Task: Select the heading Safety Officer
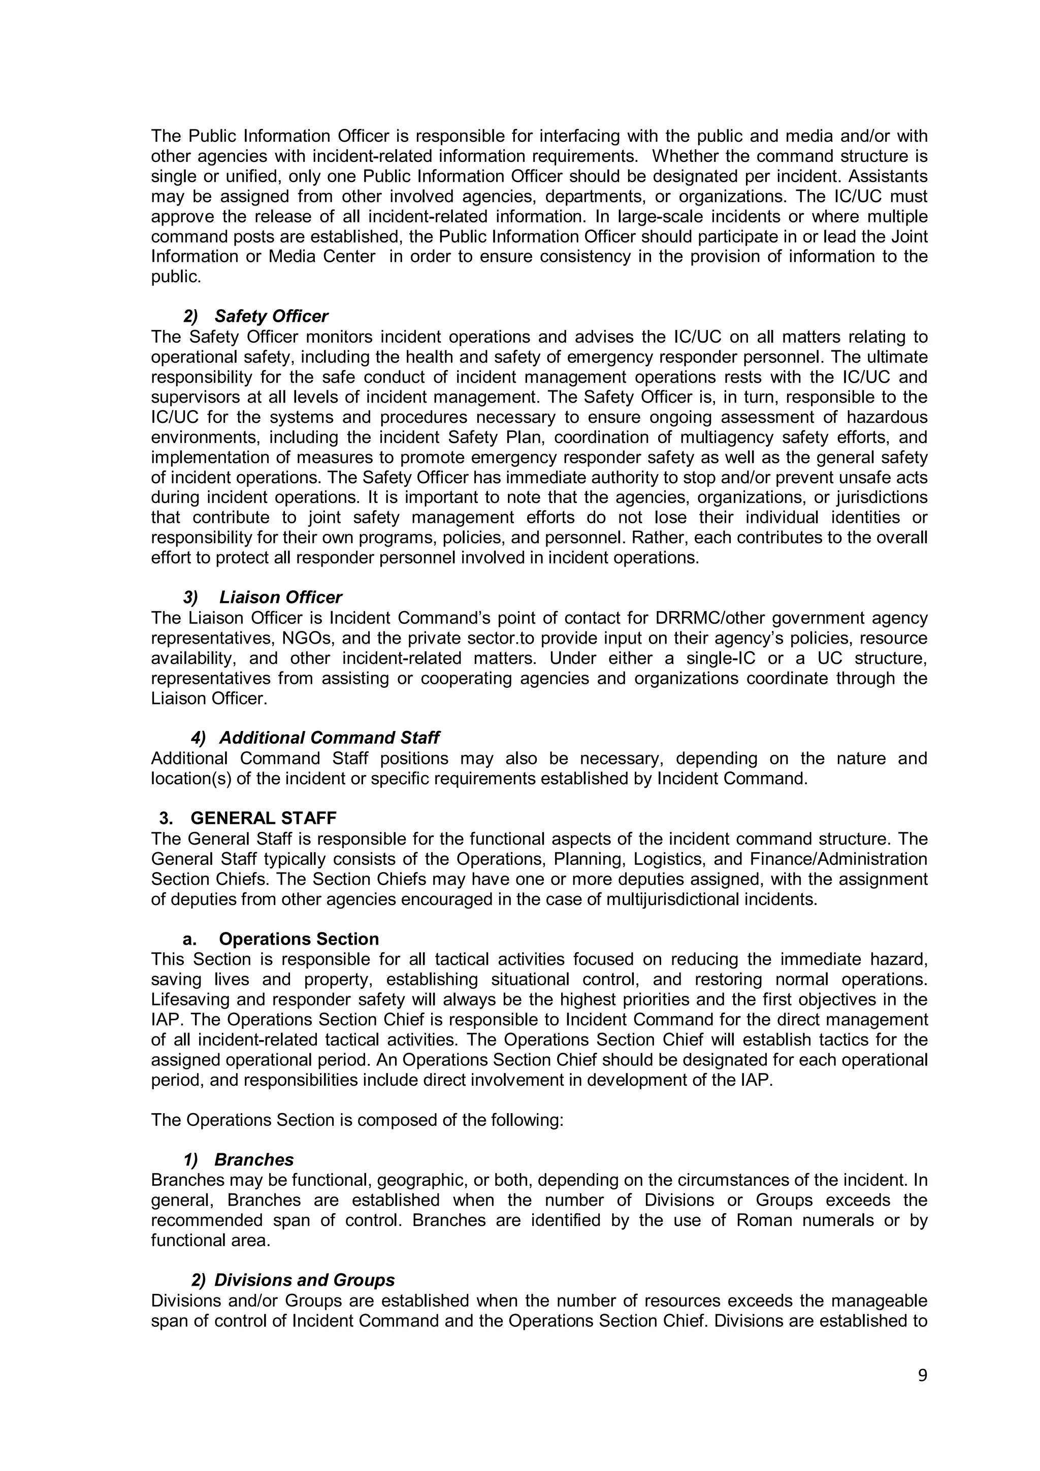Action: coord(271,317)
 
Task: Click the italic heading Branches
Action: coord(254,1160)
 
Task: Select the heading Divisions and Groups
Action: coord(304,1281)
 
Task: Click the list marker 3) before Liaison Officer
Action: coord(190,598)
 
